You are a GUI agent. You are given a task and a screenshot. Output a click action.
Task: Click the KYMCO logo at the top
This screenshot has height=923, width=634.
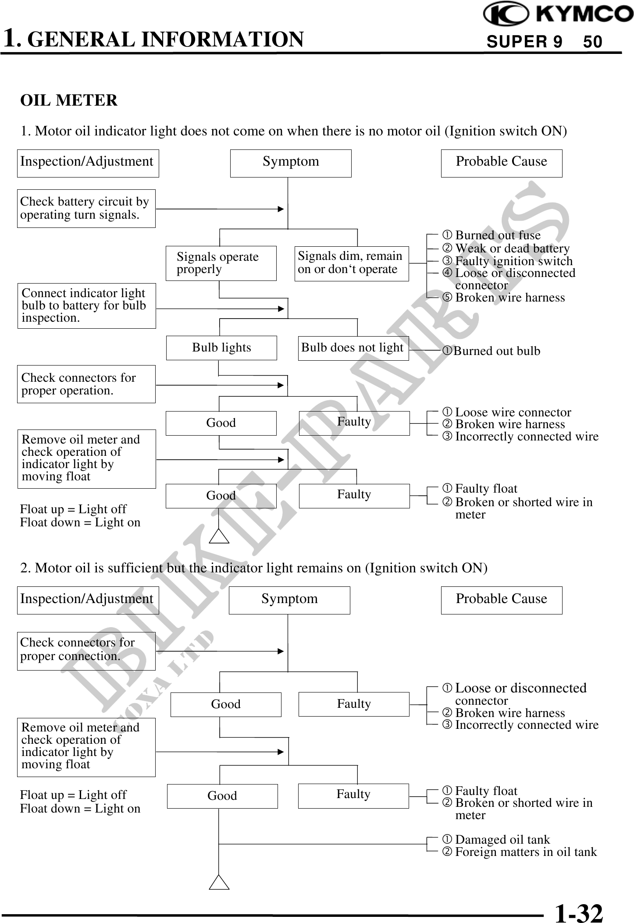tap(558, 14)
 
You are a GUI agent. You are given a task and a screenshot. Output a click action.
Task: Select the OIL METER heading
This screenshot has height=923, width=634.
tap(69, 100)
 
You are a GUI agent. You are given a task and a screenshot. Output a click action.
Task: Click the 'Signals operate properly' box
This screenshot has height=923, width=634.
tap(221, 263)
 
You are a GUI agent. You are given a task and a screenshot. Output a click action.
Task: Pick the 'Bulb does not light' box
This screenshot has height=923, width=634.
tap(353, 348)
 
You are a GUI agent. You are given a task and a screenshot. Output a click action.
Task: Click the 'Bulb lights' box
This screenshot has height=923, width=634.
tap(221, 348)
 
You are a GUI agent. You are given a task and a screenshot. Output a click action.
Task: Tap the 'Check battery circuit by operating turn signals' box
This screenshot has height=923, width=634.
tap(86, 209)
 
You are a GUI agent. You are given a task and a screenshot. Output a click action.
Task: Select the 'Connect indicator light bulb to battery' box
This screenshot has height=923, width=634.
tap(86, 306)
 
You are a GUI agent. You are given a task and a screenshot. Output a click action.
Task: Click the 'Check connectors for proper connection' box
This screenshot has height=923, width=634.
tap(86, 651)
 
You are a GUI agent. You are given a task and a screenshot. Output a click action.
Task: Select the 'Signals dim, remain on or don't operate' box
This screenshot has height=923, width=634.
tap(351, 263)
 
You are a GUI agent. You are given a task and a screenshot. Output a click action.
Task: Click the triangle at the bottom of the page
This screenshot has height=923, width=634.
tap(219, 882)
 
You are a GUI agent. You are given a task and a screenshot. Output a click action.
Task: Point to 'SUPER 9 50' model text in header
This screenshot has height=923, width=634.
tap(544, 42)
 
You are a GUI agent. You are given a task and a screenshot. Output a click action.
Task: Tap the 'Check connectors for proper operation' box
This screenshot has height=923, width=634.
tap(86, 384)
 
